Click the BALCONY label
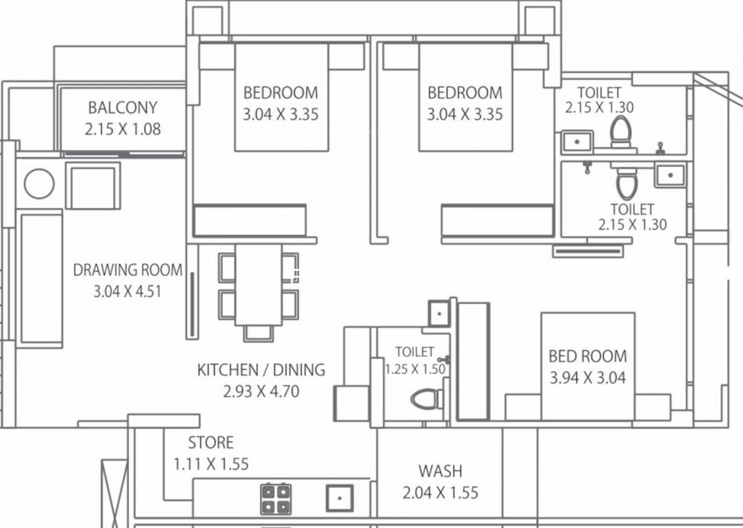point(122,107)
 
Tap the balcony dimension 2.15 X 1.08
point(122,129)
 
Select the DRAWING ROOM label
point(128,270)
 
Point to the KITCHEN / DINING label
point(261,370)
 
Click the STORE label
point(211,443)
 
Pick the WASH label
point(440,472)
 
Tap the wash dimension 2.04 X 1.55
point(440,493)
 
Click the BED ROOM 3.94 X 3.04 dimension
point(588,377)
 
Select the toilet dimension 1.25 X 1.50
point(415,369)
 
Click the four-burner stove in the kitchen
point(275,499)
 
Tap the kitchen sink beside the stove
point(339,498)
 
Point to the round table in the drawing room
point(39,184)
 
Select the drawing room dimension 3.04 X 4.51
point(128,291)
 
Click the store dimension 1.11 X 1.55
point(211,464)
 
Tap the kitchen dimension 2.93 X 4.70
point(261,392)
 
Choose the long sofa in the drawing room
point(41,278)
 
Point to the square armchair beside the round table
point(93,186)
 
